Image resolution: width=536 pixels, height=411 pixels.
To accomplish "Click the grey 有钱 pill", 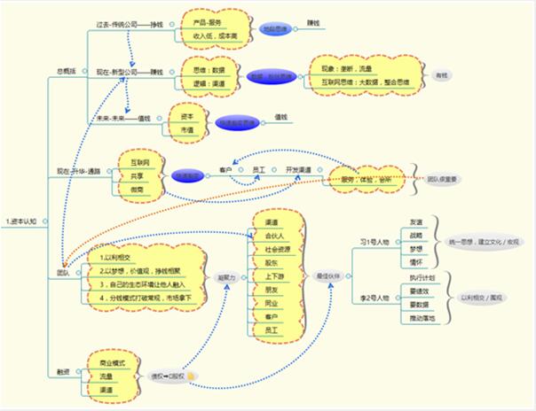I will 440,76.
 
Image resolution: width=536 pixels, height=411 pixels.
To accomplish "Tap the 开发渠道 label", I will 298,168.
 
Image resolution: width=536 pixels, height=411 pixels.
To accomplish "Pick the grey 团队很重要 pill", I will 443,179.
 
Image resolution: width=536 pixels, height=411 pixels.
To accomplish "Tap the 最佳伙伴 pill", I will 327,276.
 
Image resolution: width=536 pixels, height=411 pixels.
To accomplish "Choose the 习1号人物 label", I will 374,241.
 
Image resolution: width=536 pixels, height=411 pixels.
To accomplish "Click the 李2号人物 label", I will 374,298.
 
